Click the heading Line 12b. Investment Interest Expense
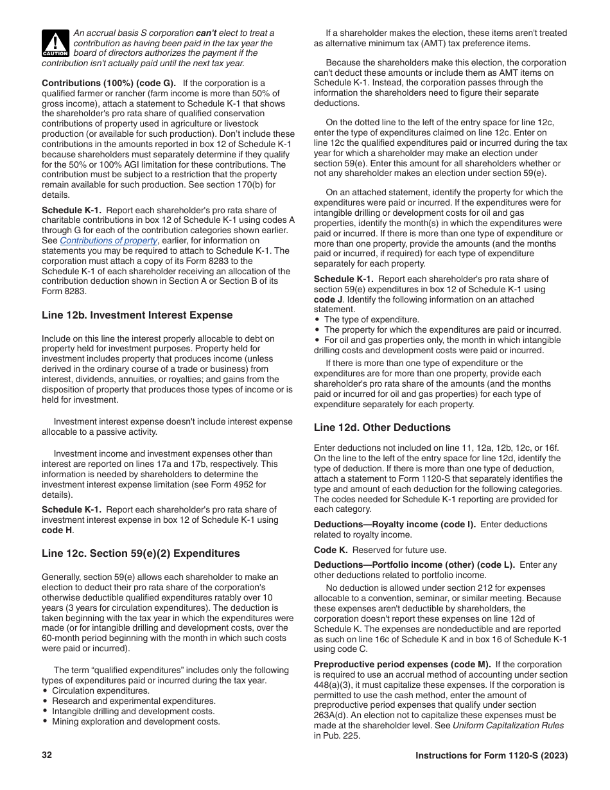pyautogui.click(x=137, y=315)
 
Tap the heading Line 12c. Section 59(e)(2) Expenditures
pyautogui.click(x=141, y=554)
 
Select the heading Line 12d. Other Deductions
pyautogui.click(x=382, y=428)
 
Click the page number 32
pyautogui.click(x=47, y=755)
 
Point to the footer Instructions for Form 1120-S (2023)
pyautogui.click(x=491, y=756)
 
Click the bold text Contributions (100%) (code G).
pyautogui.click(x=109, y=83)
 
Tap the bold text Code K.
pyautogui.click(x=330, y=550)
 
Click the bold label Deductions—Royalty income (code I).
pyautogui.click(x=394, y=525)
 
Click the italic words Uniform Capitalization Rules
pyautogui.click(x=508, y=726)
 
